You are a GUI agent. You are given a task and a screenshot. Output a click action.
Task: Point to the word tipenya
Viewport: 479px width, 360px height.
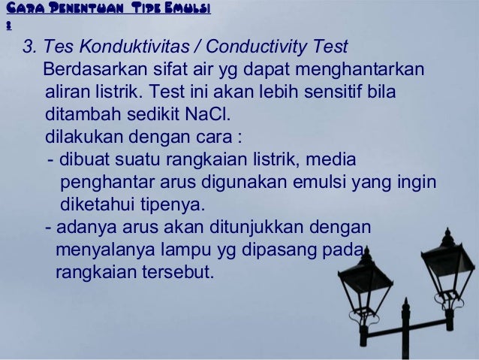[x=166, y=206]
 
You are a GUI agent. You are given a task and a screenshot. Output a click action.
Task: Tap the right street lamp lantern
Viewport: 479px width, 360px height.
[x=447, y=263]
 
